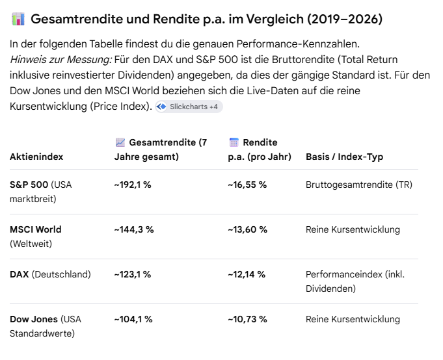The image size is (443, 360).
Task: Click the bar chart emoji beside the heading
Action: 18,19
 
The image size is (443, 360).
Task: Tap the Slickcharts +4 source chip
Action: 189,107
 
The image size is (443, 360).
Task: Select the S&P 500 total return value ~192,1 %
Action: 133,185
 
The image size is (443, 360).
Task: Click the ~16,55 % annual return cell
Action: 247,185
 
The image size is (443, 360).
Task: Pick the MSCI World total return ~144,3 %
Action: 134,229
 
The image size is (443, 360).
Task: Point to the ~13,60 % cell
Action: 247,229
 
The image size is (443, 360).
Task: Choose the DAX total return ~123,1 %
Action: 133,274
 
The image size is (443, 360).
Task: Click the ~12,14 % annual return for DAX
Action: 247,274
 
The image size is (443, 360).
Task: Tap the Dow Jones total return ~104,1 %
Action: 133,319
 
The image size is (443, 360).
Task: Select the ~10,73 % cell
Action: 247,319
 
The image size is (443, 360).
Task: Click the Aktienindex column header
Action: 36,157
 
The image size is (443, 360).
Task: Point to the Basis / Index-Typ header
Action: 344,157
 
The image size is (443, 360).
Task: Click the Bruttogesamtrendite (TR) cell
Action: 359,185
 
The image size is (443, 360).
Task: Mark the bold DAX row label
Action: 20,274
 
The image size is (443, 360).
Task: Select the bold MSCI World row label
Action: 36,229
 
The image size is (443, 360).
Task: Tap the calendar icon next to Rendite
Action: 234,142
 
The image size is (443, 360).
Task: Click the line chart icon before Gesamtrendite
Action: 120,142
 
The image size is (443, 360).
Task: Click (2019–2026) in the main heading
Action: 345,19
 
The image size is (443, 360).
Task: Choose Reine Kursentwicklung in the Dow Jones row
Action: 353,319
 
